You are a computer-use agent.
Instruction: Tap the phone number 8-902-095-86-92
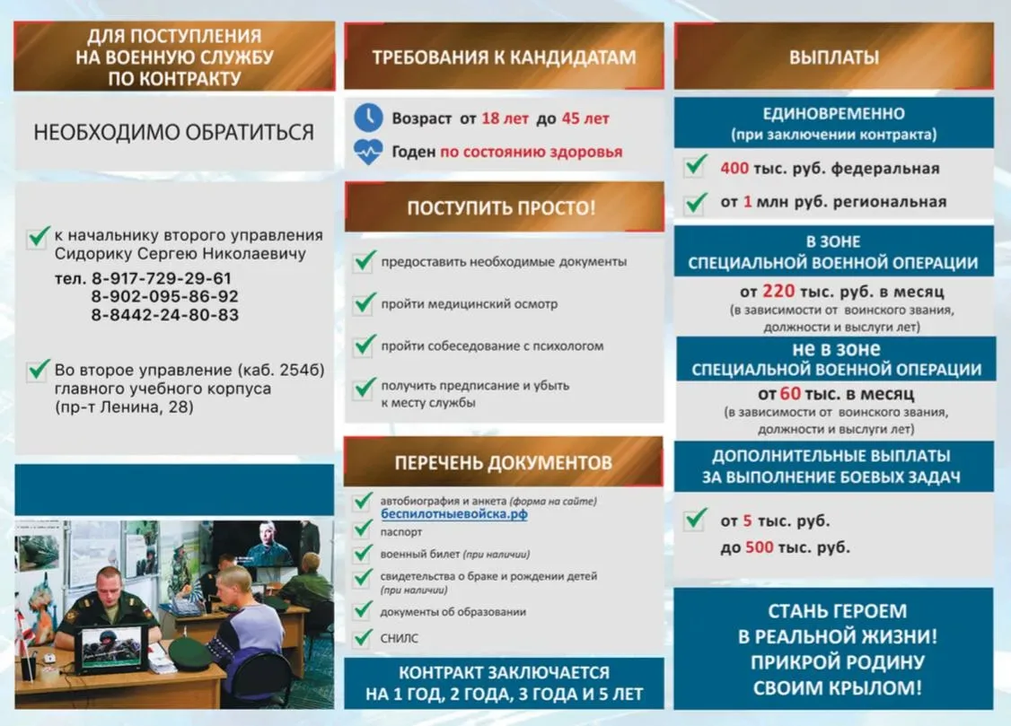coord(164,296)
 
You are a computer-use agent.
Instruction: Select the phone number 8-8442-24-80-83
coord(164,315)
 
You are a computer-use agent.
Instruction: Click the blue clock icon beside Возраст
coord(367,118)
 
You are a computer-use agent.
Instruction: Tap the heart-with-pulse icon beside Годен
coord(367,151)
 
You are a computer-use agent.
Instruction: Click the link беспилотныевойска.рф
coord(453,515)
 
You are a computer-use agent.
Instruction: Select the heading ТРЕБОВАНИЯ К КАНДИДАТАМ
coord(504,57)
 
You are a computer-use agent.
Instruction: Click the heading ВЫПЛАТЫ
coord(833,57)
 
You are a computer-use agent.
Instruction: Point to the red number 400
coord(734,168)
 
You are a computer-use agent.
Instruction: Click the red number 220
coord(777,291)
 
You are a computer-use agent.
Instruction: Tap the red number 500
coord(760,547)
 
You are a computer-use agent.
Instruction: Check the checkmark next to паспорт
coord(363,531)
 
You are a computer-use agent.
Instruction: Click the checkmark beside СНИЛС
coord(363,638)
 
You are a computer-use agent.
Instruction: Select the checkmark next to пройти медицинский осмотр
coord(364,303)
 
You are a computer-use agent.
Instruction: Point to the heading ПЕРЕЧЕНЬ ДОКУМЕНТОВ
coord(503,463)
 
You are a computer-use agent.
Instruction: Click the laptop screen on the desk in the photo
coord(110,649)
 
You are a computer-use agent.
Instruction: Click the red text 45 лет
coord(585,118)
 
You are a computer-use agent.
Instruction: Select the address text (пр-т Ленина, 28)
coord(124,407)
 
